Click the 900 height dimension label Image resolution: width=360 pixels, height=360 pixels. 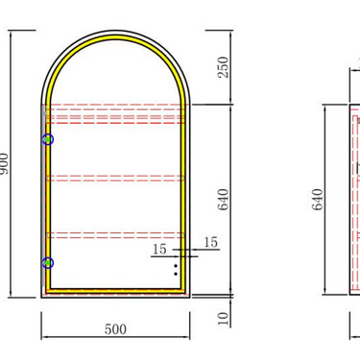click(x=4, y=163)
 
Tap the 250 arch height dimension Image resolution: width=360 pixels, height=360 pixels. click(x=224, y=67)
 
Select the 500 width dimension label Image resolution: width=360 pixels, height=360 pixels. click(x=115, y=329)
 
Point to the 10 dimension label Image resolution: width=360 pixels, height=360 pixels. click(x=224, y=319)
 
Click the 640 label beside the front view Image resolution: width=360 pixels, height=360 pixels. click(x=224, y=200)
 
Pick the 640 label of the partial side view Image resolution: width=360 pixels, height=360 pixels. click(x=318, y=200)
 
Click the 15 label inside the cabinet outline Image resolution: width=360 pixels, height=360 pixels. click(x=159, y=250)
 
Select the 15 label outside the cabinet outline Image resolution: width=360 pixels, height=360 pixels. click(x=211, y=242)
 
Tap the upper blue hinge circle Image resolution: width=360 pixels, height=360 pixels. click(x=48, y=139)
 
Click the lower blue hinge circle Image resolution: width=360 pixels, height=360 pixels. click(x=48, y=263)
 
